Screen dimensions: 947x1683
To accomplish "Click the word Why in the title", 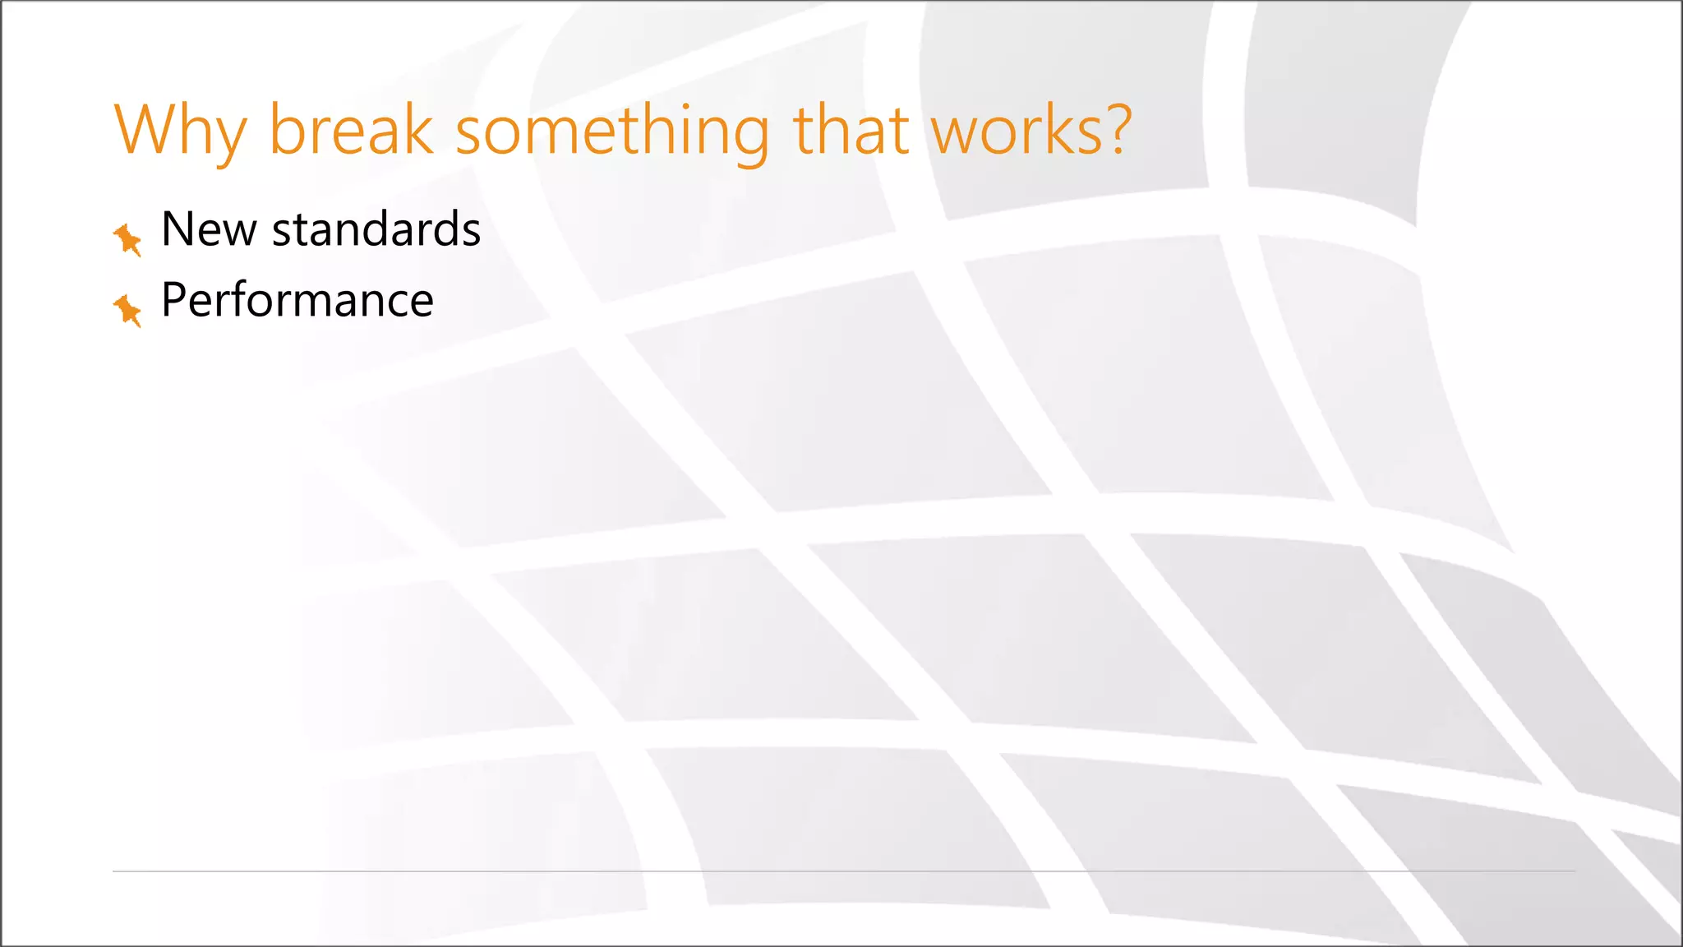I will click(180, 132).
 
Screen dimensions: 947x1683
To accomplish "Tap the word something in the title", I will click(612, 132).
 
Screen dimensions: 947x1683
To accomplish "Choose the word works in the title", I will click(1018, 132).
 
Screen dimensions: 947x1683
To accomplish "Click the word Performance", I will click(297, 300).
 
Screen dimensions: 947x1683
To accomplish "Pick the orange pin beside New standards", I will click(127, 239).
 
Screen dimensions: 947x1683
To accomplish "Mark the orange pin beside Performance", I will click(127, 310).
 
